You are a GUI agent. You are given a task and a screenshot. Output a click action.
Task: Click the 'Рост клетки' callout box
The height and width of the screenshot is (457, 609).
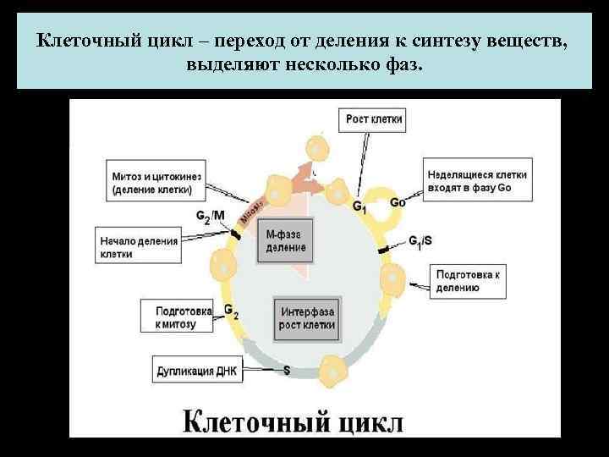375,120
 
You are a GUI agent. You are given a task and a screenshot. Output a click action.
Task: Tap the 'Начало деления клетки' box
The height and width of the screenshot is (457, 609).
138,247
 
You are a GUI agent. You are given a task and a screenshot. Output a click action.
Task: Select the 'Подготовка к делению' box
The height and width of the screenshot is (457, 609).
470,281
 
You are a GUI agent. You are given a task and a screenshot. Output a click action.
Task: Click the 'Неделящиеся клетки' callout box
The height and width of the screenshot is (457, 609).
477,179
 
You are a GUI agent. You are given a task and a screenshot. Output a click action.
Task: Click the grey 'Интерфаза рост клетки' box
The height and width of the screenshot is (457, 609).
304,317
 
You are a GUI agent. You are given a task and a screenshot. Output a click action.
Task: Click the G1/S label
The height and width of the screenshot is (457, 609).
420,241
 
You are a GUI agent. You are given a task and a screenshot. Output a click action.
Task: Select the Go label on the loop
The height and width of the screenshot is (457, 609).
398,202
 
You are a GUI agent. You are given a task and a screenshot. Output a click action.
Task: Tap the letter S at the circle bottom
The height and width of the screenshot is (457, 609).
287,370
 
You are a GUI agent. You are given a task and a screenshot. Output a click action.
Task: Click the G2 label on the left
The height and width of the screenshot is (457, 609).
231,311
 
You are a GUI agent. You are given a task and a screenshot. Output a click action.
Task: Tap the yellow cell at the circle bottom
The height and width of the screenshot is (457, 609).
331,369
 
